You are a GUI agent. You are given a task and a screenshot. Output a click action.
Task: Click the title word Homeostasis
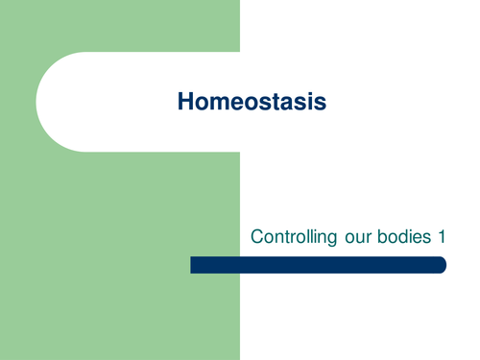click(252, 101)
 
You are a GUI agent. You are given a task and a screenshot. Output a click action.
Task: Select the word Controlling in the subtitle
click(287, 236)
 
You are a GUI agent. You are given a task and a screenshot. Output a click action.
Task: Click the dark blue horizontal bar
click(318, 265)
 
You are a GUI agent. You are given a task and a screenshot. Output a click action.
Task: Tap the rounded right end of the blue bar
click(442, 265)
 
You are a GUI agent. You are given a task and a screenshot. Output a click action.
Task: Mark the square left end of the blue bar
click(193, 265)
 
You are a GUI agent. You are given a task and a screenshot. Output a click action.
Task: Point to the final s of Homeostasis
click(321, 101)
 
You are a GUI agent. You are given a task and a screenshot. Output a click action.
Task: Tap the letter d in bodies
click(396, 236)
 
